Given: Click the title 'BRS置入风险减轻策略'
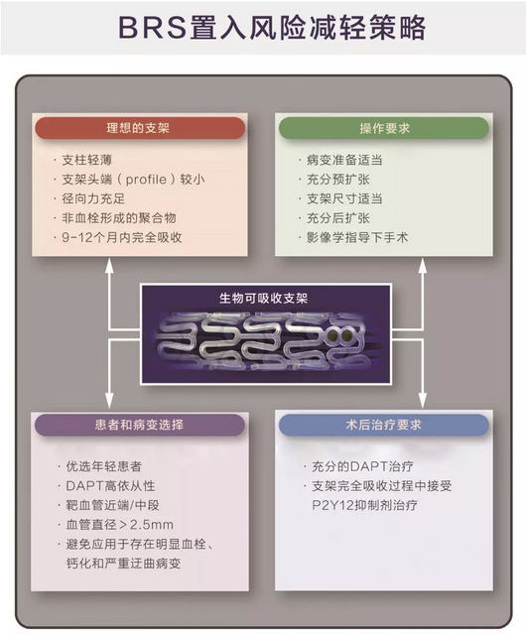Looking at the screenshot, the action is (x=272, y=28).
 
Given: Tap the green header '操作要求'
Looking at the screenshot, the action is (x=384, y=128).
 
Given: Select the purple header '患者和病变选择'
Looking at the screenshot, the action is (x=140, y=425).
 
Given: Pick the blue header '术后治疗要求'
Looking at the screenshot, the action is (x=384, y=425).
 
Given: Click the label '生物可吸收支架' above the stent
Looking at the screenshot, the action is (x=264, y=299).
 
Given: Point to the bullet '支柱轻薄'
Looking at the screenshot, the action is (x=87, y=160).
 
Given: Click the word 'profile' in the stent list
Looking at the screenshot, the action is (x=146, y=180).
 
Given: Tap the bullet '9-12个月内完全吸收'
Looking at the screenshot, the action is (x=122, y=237).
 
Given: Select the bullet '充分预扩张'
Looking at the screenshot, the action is (x=338, y=180).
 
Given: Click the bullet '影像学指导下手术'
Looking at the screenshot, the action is (x=357, y=237).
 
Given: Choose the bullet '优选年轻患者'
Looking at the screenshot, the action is (x=104, y=466).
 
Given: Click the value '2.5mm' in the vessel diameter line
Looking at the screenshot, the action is (x=152, y=525).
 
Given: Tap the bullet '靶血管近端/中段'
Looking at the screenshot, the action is (x=113, y=505).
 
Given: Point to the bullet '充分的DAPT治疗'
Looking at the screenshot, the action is (x=362, y=466).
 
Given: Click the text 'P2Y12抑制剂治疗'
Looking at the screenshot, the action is (x=364, y=505).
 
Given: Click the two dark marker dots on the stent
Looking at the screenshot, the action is (x=340, y=335).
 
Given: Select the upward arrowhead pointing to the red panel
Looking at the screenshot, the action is (x=109, y=265).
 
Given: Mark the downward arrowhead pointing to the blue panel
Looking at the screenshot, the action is (x=423, y=401).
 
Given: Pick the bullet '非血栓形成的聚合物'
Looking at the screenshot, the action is (x=119, y=218).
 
